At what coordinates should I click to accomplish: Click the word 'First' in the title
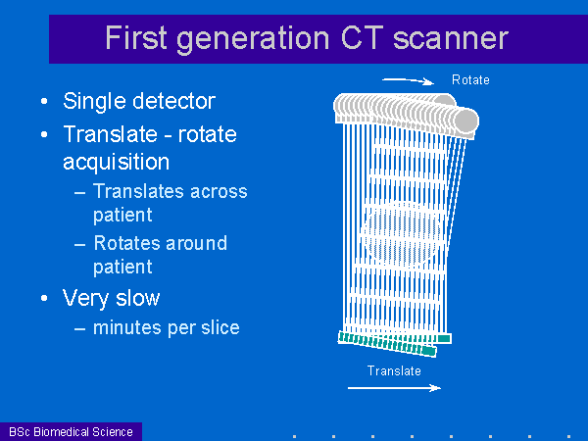click(136, 37)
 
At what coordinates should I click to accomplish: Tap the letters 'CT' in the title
click(362, 37)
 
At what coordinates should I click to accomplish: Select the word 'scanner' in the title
click(451, 39)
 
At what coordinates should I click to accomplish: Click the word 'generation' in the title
click(253, 40)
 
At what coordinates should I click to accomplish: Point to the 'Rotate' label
click(470, 80)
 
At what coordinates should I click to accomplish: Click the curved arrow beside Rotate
click(408, 80)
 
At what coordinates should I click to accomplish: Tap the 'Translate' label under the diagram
click(394, 370)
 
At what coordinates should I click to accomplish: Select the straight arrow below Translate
click(394, 388)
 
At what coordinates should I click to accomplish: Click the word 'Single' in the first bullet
click(94, 102)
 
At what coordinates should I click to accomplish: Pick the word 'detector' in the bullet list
click(174, 101)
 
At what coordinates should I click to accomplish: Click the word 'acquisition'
click(117, 163)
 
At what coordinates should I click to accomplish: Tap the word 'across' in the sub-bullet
click(219, 192)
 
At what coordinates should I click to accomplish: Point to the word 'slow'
click(137, 298)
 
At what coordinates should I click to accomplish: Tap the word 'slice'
click(220, 327)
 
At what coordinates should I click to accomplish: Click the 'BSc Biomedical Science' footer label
click(71, 431)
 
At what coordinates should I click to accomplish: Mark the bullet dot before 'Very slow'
click(44, 299)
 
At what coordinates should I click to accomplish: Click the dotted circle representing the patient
click(402, 235)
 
